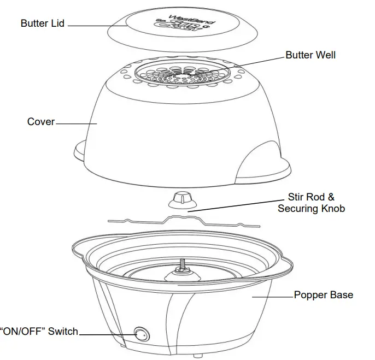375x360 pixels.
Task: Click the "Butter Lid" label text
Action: click(x=43, y=23)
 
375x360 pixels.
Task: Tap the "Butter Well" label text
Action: click(x=310, y=55)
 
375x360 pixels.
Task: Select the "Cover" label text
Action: click(x=41, y=121)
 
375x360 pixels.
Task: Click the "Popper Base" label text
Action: click(x=323, y=295)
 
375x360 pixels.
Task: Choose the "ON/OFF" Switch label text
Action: click(x=39, y=332)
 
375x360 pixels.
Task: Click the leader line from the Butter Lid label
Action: click(x=93, y=25)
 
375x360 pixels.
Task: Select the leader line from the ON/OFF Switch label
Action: click(x=107, y=333)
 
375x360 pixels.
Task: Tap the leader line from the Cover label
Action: click(x=77, y=123)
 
